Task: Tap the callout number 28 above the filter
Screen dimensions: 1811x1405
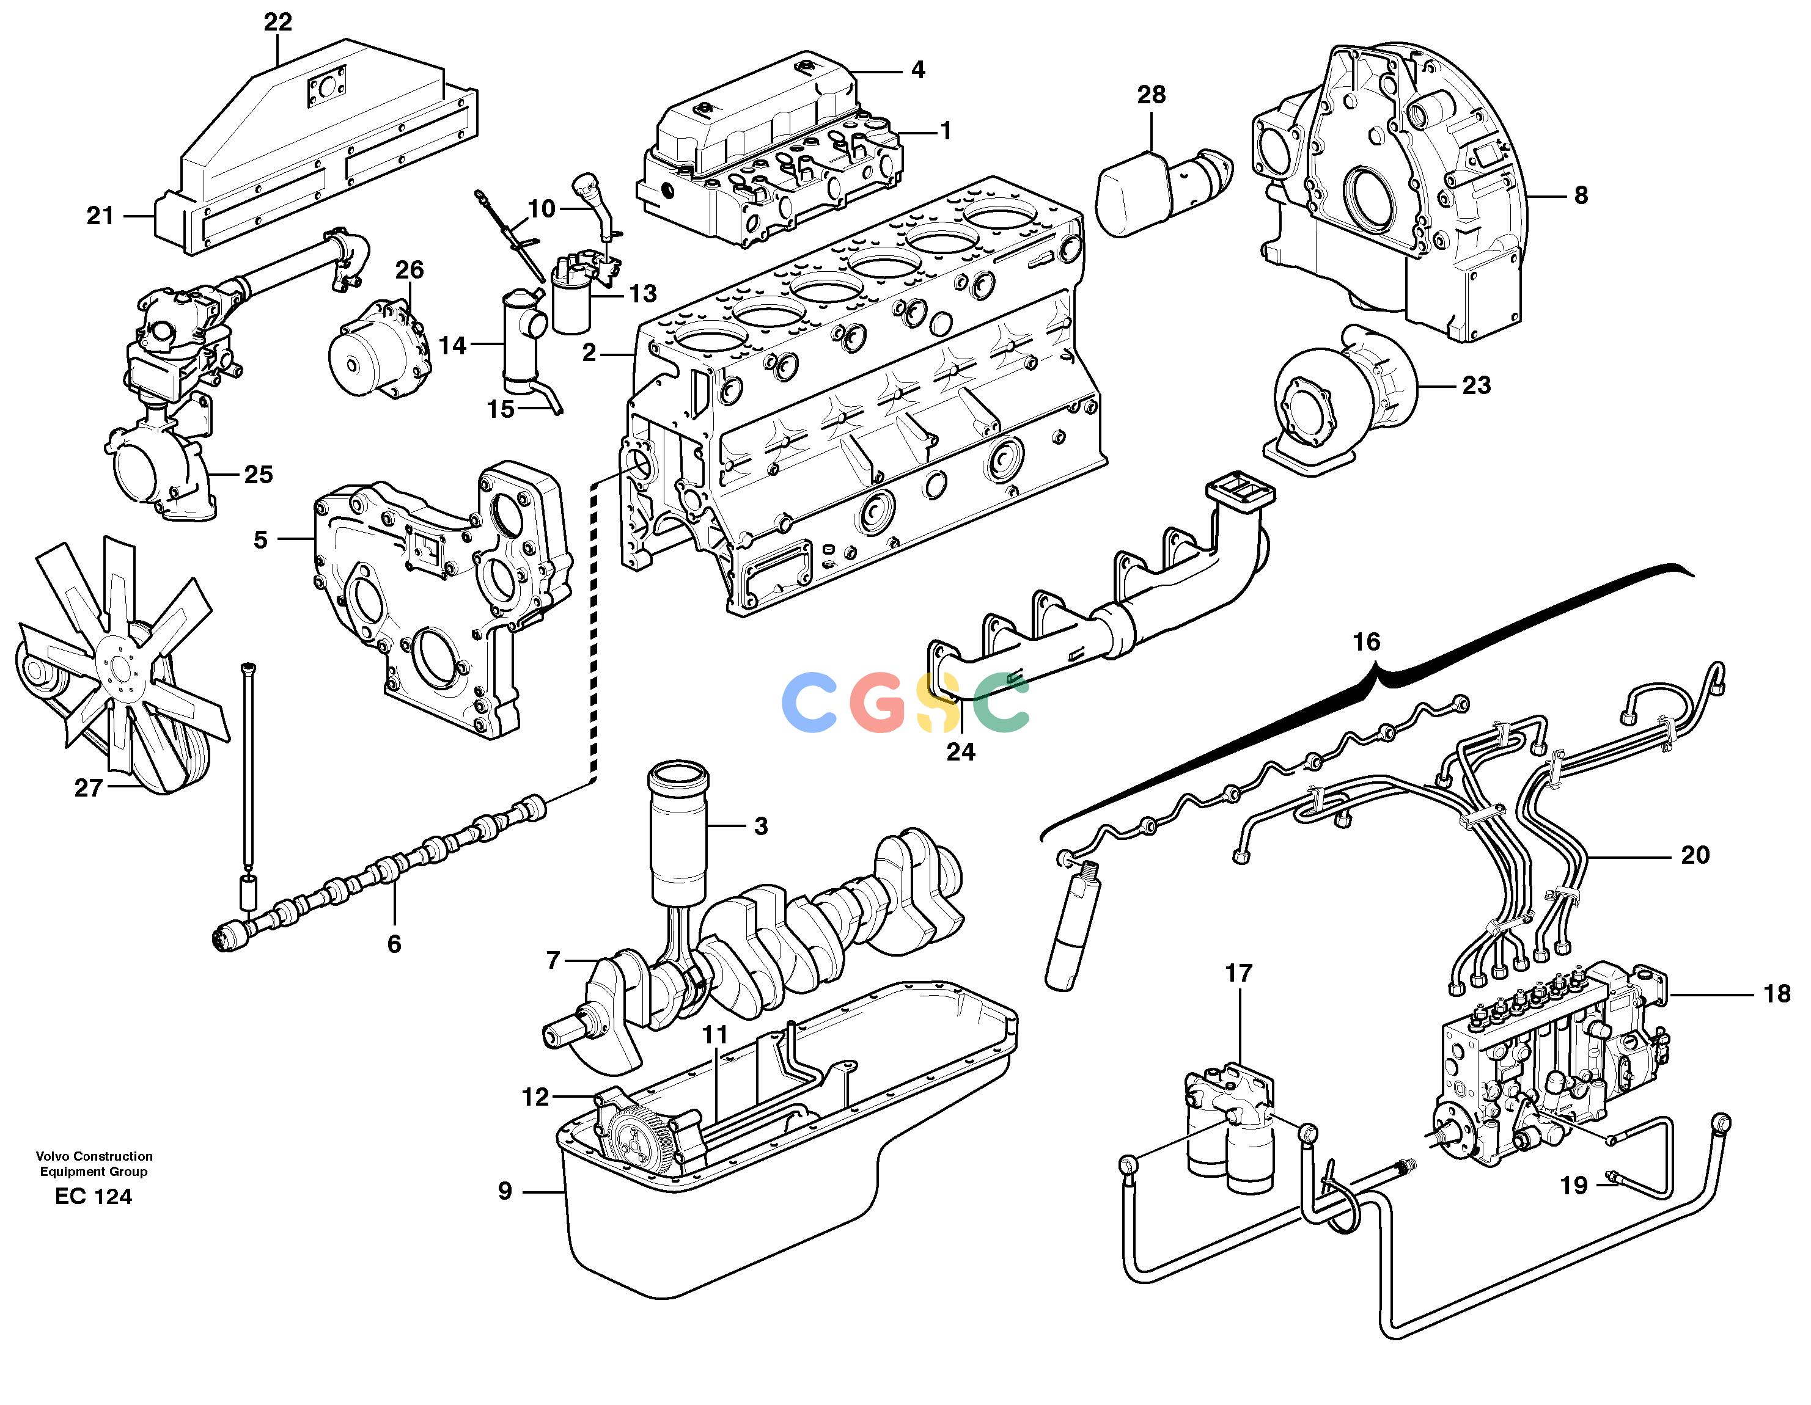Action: coord(1151,95)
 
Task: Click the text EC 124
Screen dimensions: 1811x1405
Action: coord(94,1196)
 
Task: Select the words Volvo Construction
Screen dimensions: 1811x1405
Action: coord(94,1156)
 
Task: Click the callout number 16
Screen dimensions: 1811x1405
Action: coord(1367,641)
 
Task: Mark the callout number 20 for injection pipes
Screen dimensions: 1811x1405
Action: coord(1695,855)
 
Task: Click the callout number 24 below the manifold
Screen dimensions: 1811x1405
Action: coord(961,752)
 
